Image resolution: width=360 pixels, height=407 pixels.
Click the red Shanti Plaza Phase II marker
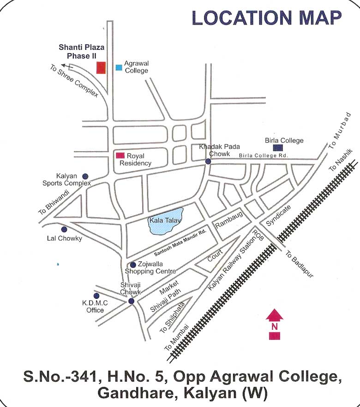[x=101, y=67]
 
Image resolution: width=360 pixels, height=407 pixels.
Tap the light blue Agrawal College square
[x=119, y=67]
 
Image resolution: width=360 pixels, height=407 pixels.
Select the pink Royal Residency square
[x=120, y=156]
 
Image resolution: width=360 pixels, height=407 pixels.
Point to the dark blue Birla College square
[x=278, y=148]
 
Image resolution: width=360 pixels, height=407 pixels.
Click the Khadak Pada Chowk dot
[x=208, y=161]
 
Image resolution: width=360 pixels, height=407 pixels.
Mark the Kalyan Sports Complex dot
[x=85, y=176]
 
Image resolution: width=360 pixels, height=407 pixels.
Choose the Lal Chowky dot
[x=64, y=229]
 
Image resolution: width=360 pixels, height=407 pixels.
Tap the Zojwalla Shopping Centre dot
[x=133, y=265]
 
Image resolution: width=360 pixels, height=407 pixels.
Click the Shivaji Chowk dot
[x=131, y=301]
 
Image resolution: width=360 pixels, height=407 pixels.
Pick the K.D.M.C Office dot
[x=96, y=296]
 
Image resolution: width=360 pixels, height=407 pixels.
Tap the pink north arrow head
[x=275, y=316]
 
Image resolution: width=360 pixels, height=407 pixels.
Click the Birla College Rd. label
[x=263, y=156]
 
